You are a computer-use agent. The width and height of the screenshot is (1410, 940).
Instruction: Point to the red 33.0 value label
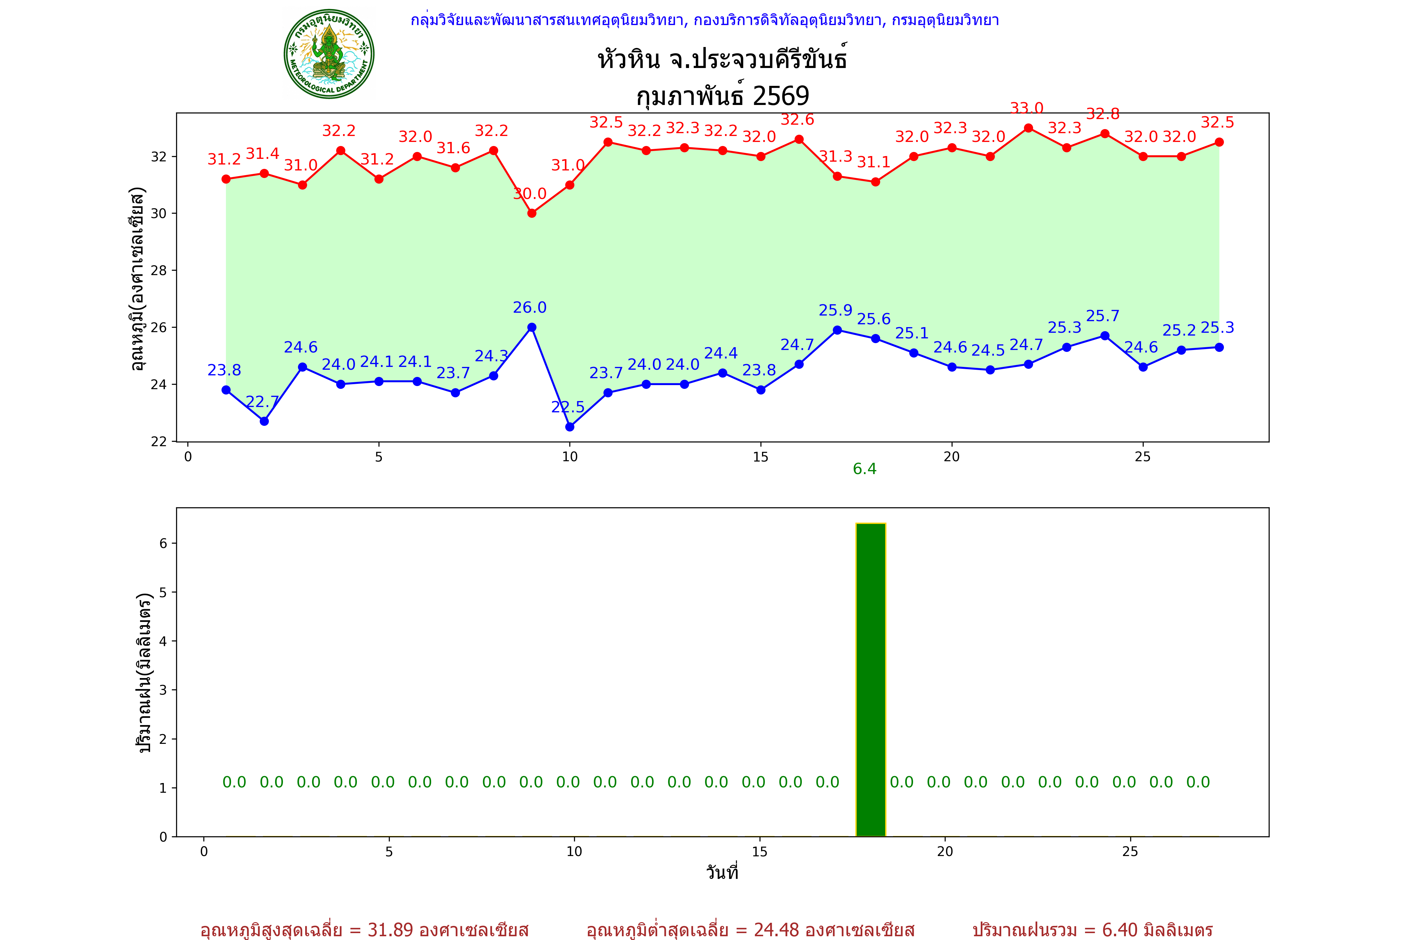(x=1026, y=108)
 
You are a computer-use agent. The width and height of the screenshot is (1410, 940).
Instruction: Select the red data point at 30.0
(x=532, y=213)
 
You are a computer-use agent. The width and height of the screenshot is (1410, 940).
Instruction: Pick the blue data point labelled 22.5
(x=570, y=427)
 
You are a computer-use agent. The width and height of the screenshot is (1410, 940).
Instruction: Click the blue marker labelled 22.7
(x=264, y=421)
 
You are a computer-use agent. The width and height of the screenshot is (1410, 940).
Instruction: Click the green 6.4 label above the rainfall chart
(x=864, y=469)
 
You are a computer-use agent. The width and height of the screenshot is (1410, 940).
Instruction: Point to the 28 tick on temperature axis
(x=159, y=270)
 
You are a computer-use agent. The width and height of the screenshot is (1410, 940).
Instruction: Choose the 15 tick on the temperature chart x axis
(x=760, y=457)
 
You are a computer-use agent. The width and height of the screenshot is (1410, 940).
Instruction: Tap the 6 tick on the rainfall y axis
(x=163, y=543)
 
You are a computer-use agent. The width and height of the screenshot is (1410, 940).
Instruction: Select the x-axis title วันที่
(x=722, y=872)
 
